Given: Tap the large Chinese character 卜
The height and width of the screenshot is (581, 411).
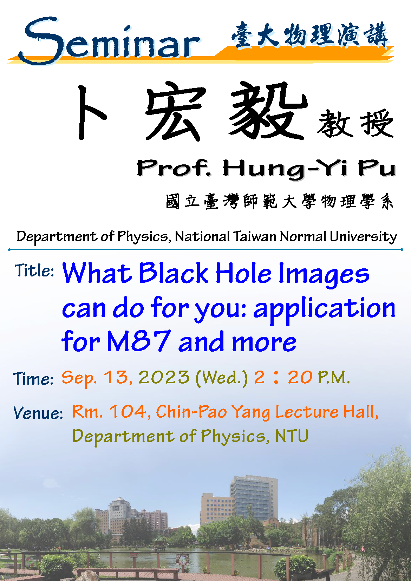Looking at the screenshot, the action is pyautogui.click(x=92, y=113).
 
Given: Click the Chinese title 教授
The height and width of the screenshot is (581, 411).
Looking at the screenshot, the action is pyautogui.click(x=355, y=123).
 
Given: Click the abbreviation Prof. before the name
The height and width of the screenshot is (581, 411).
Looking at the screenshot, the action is pyautogui.click(x=174, y=168).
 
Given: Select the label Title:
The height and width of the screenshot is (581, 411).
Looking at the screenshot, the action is pyautogui.click(x=34, y=270).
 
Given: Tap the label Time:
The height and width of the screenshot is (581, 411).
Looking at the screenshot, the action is pyautogui.click(x=33, y=378).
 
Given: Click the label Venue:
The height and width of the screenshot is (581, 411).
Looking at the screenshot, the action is pyautogui.click(x=38, y=412).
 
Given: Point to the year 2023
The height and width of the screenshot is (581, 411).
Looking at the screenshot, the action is pyautogui.click(x=164, y=377).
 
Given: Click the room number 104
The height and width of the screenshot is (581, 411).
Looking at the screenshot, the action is pyautogui.click(x=128, y=411).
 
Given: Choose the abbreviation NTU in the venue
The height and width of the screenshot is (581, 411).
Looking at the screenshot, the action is pyautogui.click(x=292, y=436).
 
